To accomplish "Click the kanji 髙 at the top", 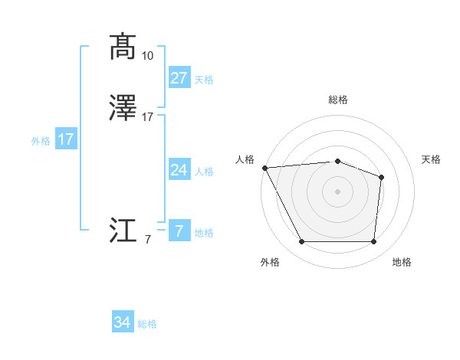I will click(x=123, y=47).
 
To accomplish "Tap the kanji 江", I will click(x=123, y=230).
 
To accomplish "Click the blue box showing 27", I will click(x=179, y=78).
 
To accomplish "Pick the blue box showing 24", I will click(x=179, y=170).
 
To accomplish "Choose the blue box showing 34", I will click(x=123, y=323).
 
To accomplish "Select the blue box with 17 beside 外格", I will click(x=66, y=139).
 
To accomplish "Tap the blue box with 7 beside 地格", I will click(x=179, y=231).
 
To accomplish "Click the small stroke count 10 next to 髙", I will click(x=148, y=56).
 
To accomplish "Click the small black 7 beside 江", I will click(x=148, y=240).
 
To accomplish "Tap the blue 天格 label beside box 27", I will click(x=204, y=80).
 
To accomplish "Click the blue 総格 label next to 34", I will click(x=147, y=325).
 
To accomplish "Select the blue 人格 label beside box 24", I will click(x=204, y=172).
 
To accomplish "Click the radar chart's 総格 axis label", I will click(x=338, y=100).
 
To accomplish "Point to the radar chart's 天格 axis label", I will click(x=432, y=159).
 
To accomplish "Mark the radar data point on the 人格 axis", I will click(x=264, y=167).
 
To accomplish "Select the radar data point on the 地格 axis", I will click(x=374, y=242).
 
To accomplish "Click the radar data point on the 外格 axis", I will click(x=301, y=242).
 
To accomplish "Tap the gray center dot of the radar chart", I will click(x=337, y=191).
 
